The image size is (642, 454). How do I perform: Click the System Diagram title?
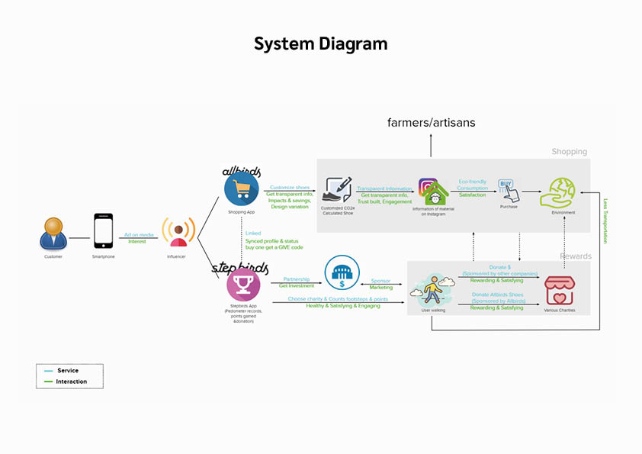(x=320, y=44)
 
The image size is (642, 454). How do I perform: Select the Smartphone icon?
(x=103, y=231)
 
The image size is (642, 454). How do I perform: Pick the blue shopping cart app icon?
(x=242, y=188)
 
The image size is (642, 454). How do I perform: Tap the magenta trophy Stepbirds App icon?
(x=243, y=285)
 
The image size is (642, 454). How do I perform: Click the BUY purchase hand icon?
(x=508, y=190)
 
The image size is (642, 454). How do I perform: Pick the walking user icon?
(x=432, y=291)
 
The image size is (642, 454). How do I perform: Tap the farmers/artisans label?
(x=431, y=122)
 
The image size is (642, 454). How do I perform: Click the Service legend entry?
(x=68, y=371)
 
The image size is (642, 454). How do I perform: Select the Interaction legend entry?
(x=72, y=382)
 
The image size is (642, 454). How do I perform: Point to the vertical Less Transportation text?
(x=605, y=221)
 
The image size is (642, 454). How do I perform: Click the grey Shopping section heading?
(x=569, y=152)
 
